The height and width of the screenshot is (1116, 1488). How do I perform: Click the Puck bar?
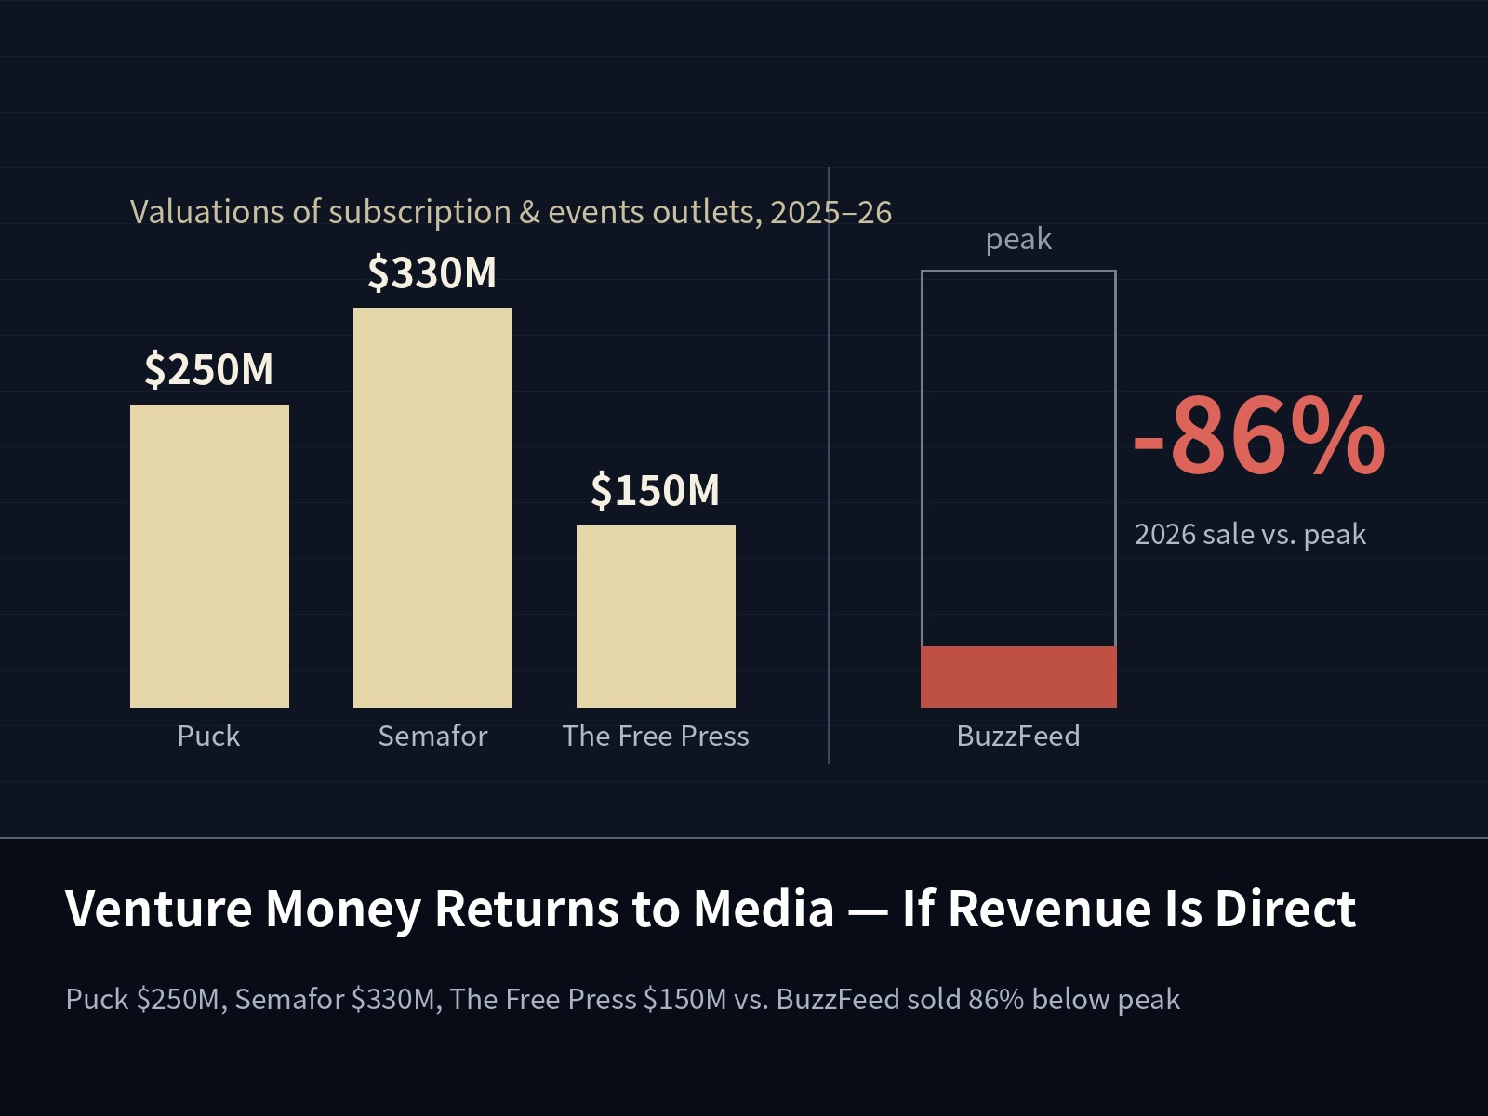[209, 555]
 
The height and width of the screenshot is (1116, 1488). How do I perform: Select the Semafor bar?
[432, 508]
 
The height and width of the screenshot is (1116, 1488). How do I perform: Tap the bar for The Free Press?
[656, 616]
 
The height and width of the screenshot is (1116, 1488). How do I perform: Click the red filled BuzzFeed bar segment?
[1018, 677]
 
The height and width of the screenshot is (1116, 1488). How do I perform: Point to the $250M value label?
[209, 369]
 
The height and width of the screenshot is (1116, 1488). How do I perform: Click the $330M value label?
[432, 272]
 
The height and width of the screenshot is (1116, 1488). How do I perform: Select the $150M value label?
[655, 490]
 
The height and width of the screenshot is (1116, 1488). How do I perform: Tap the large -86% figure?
[1259, 435]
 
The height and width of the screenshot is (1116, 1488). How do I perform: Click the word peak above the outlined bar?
[1018, 240]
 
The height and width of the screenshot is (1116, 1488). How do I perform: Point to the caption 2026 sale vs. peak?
[1250, 535]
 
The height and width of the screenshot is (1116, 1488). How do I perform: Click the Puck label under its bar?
[209, 736]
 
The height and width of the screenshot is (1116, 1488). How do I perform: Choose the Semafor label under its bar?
[432, 736]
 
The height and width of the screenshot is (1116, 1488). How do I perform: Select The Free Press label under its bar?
[656, 736]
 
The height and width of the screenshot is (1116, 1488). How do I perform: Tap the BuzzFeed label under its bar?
[1018, 736]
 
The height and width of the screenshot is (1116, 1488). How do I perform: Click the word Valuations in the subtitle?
[206, 211]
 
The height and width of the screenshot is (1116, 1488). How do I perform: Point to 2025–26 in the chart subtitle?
[831, 212]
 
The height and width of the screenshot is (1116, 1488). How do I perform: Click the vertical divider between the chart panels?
[829, 465]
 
